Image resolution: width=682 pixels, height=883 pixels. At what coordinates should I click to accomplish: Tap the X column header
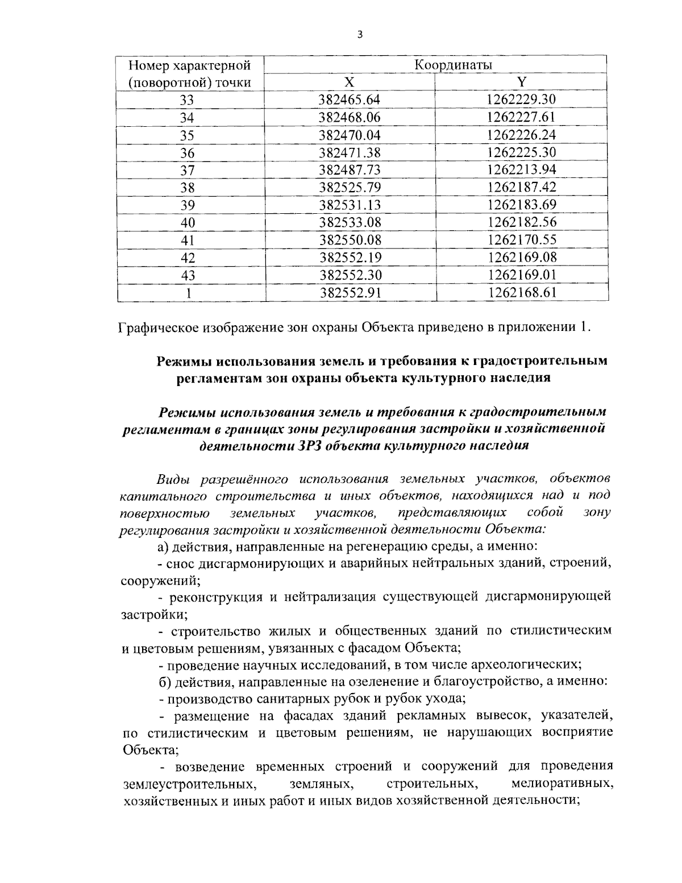350,82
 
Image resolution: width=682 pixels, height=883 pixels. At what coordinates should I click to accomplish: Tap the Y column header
521,82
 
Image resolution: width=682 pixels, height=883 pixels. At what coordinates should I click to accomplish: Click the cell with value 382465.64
350,100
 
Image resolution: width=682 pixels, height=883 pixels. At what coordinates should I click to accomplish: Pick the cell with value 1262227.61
521,118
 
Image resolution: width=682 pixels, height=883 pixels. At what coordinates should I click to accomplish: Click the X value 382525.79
350,188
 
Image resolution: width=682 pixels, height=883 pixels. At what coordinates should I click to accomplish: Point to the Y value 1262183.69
522,205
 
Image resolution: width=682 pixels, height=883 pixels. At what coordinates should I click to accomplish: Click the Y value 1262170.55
522,240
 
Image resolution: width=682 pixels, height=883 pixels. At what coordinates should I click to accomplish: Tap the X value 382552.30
350,275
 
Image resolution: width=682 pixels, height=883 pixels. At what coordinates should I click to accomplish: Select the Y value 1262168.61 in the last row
522,293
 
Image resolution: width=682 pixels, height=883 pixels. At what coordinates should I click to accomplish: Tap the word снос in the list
181,565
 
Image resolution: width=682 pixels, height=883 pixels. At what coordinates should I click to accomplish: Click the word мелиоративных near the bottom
562,784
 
